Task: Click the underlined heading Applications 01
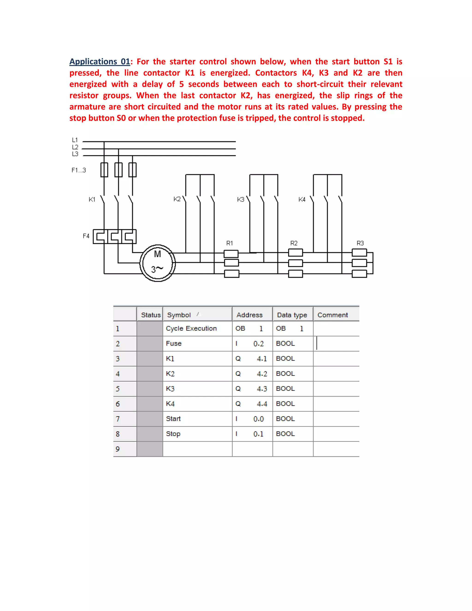click(x=100, y=62)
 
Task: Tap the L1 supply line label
click(x=75, y=140)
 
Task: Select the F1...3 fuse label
click(x=79, y=170)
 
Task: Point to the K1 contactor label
click(x=92, y=199)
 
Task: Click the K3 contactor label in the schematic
click(x=240, y=199)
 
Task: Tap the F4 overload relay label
click(x=86, y=236)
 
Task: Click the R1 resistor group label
click(x=229, y=243)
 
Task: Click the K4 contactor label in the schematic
click(x=302, y=199)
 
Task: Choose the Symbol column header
click(x=179, y=315)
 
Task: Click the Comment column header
click(x=333, y=315)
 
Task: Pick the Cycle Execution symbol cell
click(x=191, y=328)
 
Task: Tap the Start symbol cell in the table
click(x=173, y=419)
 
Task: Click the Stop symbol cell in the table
click(x=173, y=434)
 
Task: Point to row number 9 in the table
click(x=118, y=449)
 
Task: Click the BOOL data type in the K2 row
click(x=285, y=374)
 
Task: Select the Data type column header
click(x=292, y=315)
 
